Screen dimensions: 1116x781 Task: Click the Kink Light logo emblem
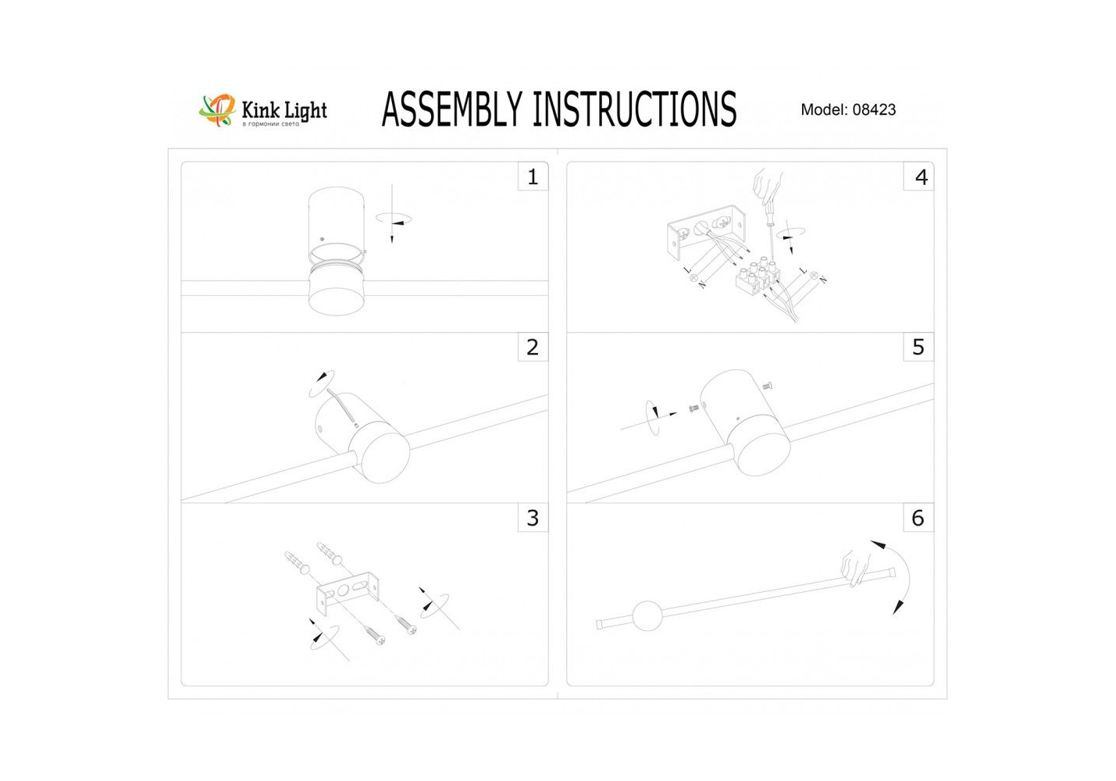(x=217, y=110)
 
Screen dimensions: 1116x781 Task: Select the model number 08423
(x=874, y=109)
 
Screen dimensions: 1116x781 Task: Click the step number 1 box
(x=533, y=177)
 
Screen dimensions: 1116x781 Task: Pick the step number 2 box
(x=533, y=347)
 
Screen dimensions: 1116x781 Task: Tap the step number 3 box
(x=533, y=518)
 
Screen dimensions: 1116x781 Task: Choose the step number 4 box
(x=918, y=177)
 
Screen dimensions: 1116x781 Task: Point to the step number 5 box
(x=918, y=347)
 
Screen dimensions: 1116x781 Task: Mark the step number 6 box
(x=918, y=518)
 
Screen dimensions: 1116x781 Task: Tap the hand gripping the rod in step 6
(x=856, y=569)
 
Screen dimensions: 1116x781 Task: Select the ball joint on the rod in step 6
(x=647, y=615)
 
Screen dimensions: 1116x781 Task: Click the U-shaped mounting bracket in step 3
(x=349, y=593)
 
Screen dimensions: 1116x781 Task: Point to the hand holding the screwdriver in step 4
(x=767, y=184)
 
